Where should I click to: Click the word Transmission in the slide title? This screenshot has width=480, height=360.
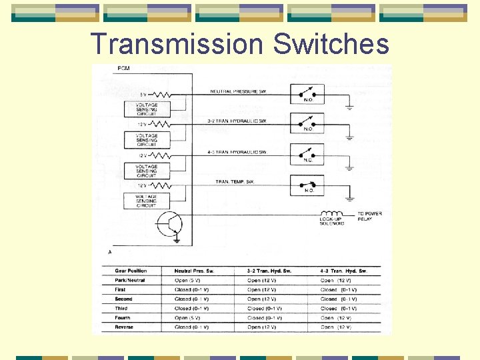pos(177,44)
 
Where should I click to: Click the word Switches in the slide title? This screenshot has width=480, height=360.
pos(331,44)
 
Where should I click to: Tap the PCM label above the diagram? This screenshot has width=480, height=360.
pos(123,69)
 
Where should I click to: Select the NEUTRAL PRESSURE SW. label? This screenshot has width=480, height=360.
pos(238,91)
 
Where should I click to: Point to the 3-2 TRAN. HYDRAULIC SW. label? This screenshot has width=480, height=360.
pos(237,121)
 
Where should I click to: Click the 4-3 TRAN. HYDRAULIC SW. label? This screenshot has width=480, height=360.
pos(237,152)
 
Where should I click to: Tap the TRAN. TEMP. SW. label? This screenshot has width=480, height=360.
pos(235,181)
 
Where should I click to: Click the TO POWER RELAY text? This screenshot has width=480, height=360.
pos(369,216)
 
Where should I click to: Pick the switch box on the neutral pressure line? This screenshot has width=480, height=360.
pos(307,95)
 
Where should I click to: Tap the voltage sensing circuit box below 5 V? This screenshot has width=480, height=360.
pos(147,109)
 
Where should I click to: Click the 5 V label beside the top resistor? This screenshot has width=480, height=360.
pos(142,93)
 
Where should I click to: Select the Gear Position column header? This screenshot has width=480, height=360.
pos(131,271)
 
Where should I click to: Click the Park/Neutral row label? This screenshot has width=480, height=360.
pos(129,281)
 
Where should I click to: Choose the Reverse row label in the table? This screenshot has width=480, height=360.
pos(124,327)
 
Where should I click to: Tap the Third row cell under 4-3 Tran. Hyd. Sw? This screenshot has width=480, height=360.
pos(339,309)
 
